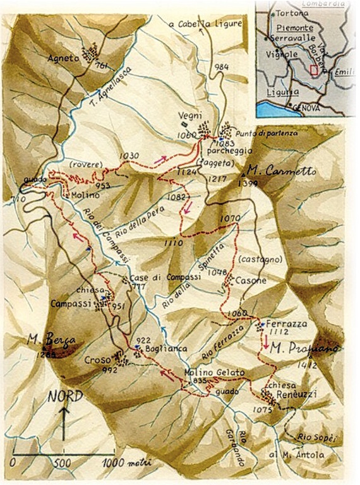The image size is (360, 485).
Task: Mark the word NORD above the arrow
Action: coord(64,398)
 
